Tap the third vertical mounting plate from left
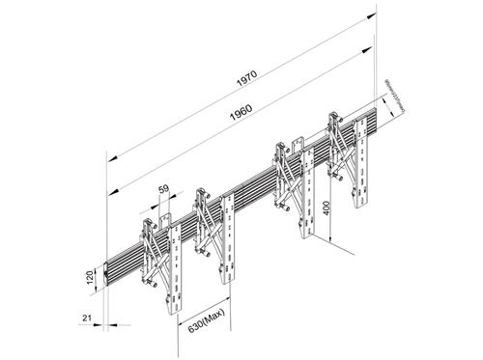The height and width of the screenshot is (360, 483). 307,198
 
